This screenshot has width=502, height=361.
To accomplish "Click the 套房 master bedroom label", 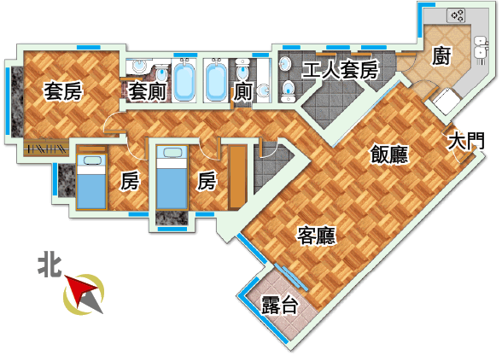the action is click(x=63, y=90).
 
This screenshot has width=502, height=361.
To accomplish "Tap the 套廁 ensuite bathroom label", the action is click(x=147, y=91).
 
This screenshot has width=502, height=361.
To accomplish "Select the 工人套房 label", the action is click(x=340, y=70).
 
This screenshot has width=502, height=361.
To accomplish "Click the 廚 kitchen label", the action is click(x=441, y=55).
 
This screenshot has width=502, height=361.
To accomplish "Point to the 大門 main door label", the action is click(x=466, y=141).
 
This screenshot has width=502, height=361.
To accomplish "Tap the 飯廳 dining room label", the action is click(x=389, y=154).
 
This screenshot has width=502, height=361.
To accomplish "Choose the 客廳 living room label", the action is click(x=316, y=236).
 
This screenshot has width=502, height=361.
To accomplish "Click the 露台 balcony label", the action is click(x=279, y=305).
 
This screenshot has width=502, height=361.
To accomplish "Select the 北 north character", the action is click(x=50, y=265).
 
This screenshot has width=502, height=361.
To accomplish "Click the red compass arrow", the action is click(x=80, y=288).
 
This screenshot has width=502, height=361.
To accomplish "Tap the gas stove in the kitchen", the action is click(x=456, y=15).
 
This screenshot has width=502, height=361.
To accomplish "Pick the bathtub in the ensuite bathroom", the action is click(x=184, y=80).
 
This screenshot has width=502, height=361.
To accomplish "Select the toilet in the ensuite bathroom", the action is click(x=161, y=73).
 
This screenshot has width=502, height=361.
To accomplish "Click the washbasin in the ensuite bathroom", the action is click(x=139, y=66).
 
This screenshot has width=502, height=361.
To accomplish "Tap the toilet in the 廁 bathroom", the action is click(x=242, y=70).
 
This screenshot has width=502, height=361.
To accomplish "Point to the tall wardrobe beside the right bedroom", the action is click(x=237, y=177).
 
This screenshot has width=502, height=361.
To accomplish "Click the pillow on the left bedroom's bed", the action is click(x=91, y=160).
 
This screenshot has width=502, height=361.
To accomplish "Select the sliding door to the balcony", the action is click(x=291, y=277).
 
